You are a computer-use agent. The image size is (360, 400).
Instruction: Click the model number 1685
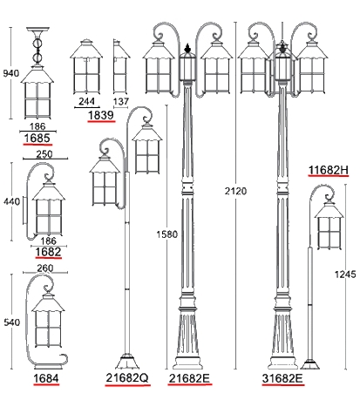click(x=37, y=138)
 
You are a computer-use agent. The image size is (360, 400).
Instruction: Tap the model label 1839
click(x=101, y=115)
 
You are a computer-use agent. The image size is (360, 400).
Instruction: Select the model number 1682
click(x=48, y=252)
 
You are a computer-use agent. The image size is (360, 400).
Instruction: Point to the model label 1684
click(x=46, y=378)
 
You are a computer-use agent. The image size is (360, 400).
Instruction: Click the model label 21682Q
click(x=127, y=377)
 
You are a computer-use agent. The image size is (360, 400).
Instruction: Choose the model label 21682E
click(x=189, y=378)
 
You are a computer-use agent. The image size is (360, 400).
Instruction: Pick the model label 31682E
click(x=282, y=378)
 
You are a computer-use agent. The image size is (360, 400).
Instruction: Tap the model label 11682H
click(x=328, y=170)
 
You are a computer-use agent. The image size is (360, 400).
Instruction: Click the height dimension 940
click(x=11, y=73)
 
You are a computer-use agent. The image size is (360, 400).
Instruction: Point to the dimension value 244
click(x=87, y=101)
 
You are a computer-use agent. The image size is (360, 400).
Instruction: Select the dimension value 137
click(x=120, y=101)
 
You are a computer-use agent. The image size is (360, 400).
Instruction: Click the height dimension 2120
click(x=235, y=191)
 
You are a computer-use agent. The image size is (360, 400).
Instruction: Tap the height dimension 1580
click(x=166, y=234)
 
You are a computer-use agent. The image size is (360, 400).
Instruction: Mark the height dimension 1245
click(x=345, y=275)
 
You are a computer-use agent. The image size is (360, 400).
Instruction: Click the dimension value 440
click(x=11, y=201)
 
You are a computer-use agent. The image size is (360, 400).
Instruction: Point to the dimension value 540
click(x=12, y=322)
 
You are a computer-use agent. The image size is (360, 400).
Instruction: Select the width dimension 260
click(x=45, y=268)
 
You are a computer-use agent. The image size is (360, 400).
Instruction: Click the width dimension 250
click(x=44, y=154)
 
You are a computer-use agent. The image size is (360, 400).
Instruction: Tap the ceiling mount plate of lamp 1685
click(x=37, y=30)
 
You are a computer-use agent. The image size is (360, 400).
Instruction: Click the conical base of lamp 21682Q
click(x=126, y=362)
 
